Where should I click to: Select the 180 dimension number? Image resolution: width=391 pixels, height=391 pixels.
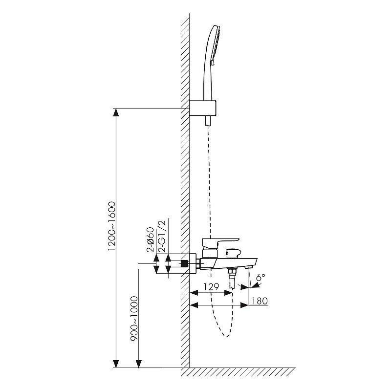pos(260,301)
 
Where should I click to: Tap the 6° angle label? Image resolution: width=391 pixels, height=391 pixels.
pos(261,277)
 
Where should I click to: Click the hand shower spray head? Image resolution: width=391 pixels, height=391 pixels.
pos(215,44)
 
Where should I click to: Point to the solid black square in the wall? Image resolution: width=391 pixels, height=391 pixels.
pos(184,263)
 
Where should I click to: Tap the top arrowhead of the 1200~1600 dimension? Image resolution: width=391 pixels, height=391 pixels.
pos(116,112)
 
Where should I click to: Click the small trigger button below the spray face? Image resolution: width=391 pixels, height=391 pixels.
pos(212,62)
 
